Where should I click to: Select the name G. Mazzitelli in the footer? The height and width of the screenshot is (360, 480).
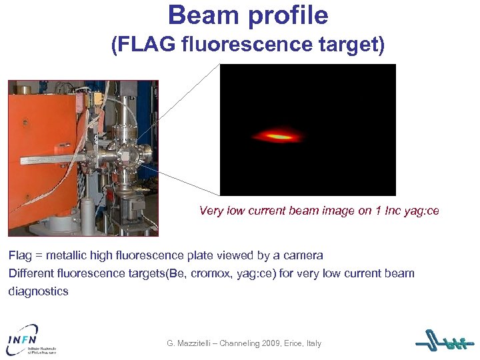(193, 343)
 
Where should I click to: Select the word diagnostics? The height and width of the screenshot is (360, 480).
(38, 291)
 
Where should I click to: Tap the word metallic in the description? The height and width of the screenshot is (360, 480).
(67, 255)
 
